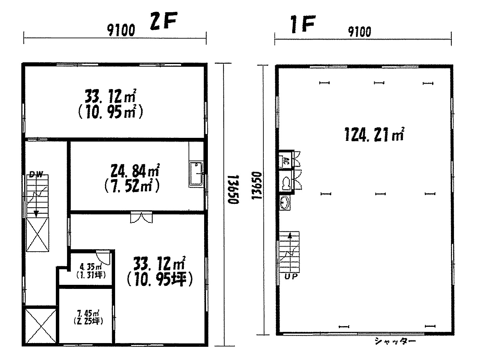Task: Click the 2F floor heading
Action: coord(164,21)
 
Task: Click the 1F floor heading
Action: coord(303,24)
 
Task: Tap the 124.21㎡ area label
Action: coord(374,134)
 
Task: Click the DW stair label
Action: coord(36,174)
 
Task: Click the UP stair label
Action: coord(291,276)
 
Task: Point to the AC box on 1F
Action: coord(285,162)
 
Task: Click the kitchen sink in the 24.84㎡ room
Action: coord(196,174)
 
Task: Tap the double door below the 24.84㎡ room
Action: coord(141,217)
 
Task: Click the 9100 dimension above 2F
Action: coord(121,30)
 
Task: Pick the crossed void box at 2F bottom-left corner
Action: coord(41,326)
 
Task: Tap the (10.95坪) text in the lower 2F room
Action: coord(160,279)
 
